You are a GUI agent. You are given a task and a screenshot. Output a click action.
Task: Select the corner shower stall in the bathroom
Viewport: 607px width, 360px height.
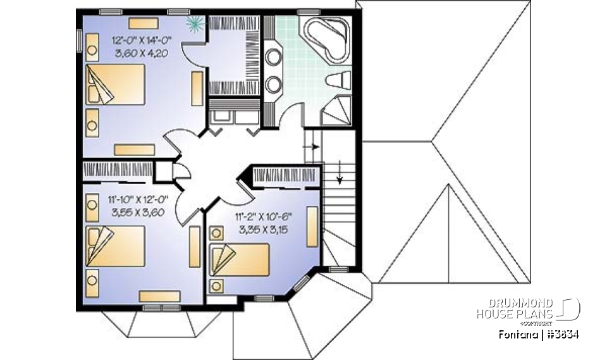tap(338, 113)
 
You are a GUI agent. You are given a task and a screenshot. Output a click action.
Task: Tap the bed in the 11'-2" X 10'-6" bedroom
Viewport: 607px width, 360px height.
tap(240, 259)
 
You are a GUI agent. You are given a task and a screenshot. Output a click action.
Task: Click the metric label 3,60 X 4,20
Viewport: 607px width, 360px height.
tap(141, 54)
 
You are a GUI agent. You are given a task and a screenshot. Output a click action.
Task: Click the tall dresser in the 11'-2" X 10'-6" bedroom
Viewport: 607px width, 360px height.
tap(312, 227)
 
